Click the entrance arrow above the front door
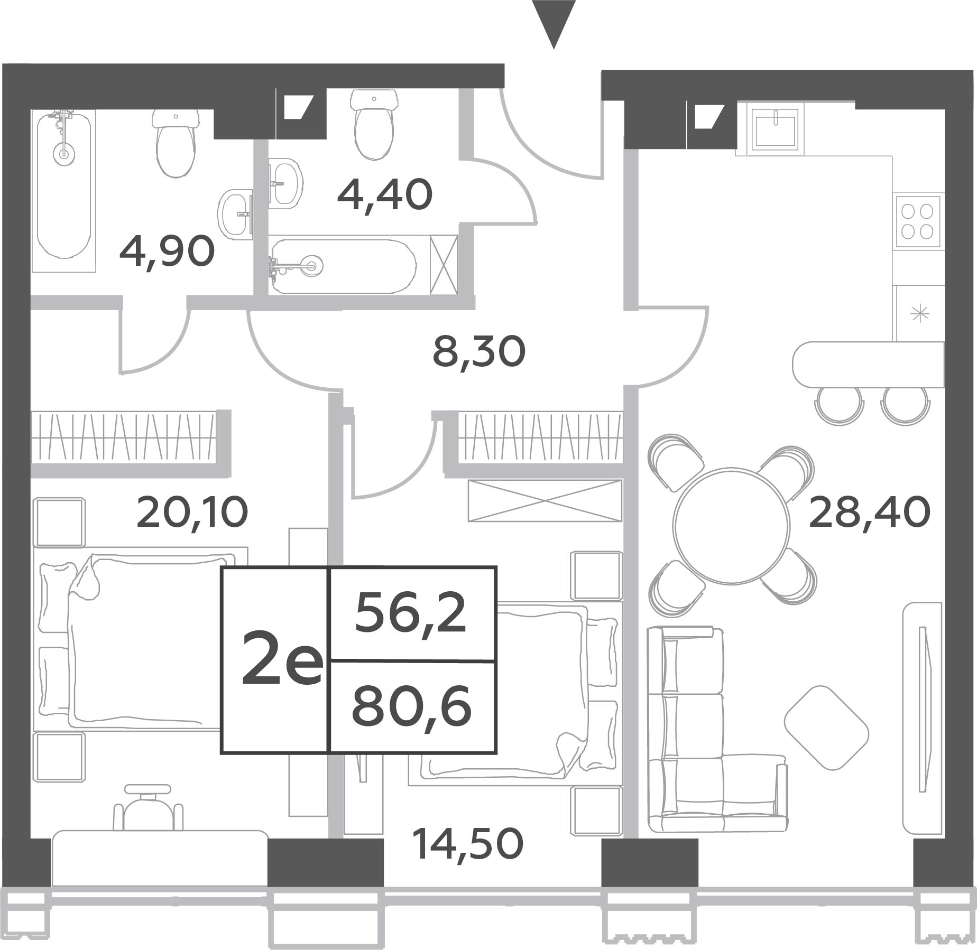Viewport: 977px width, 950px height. (x=554, y=21)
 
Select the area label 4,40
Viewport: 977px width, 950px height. (x=385, y=195)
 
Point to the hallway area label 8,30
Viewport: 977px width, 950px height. (x=479, y=352)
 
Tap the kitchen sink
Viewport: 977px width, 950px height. (x=776, y=128)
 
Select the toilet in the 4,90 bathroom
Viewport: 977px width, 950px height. (x=175, y=143)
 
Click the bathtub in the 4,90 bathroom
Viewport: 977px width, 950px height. (x=64, y=191)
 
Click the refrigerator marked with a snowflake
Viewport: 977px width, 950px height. (x=920, y=314)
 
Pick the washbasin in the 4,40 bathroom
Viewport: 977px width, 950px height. (x=285, y=183)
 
